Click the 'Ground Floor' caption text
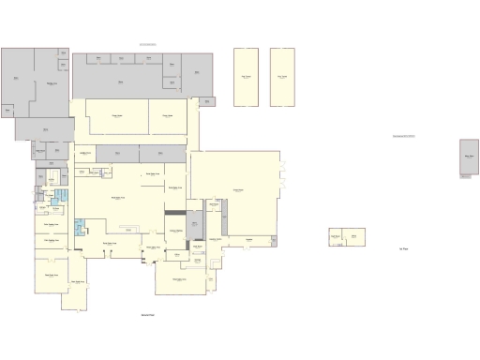[147, 316]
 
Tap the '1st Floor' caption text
[403, 249]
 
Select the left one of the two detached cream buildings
[247, 77]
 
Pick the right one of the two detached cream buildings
[282, 77]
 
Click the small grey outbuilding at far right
[469, 157]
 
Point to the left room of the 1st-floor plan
[335, 237]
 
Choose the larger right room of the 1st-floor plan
[353, 237]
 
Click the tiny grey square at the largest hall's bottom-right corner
[274, 241]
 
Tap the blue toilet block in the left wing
[61, 197]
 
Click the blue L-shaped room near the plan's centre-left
[80, 227]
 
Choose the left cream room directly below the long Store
[117, 117]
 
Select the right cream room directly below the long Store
[169, 117]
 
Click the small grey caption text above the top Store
[148, 44]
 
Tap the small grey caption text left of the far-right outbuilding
[410, 137]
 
